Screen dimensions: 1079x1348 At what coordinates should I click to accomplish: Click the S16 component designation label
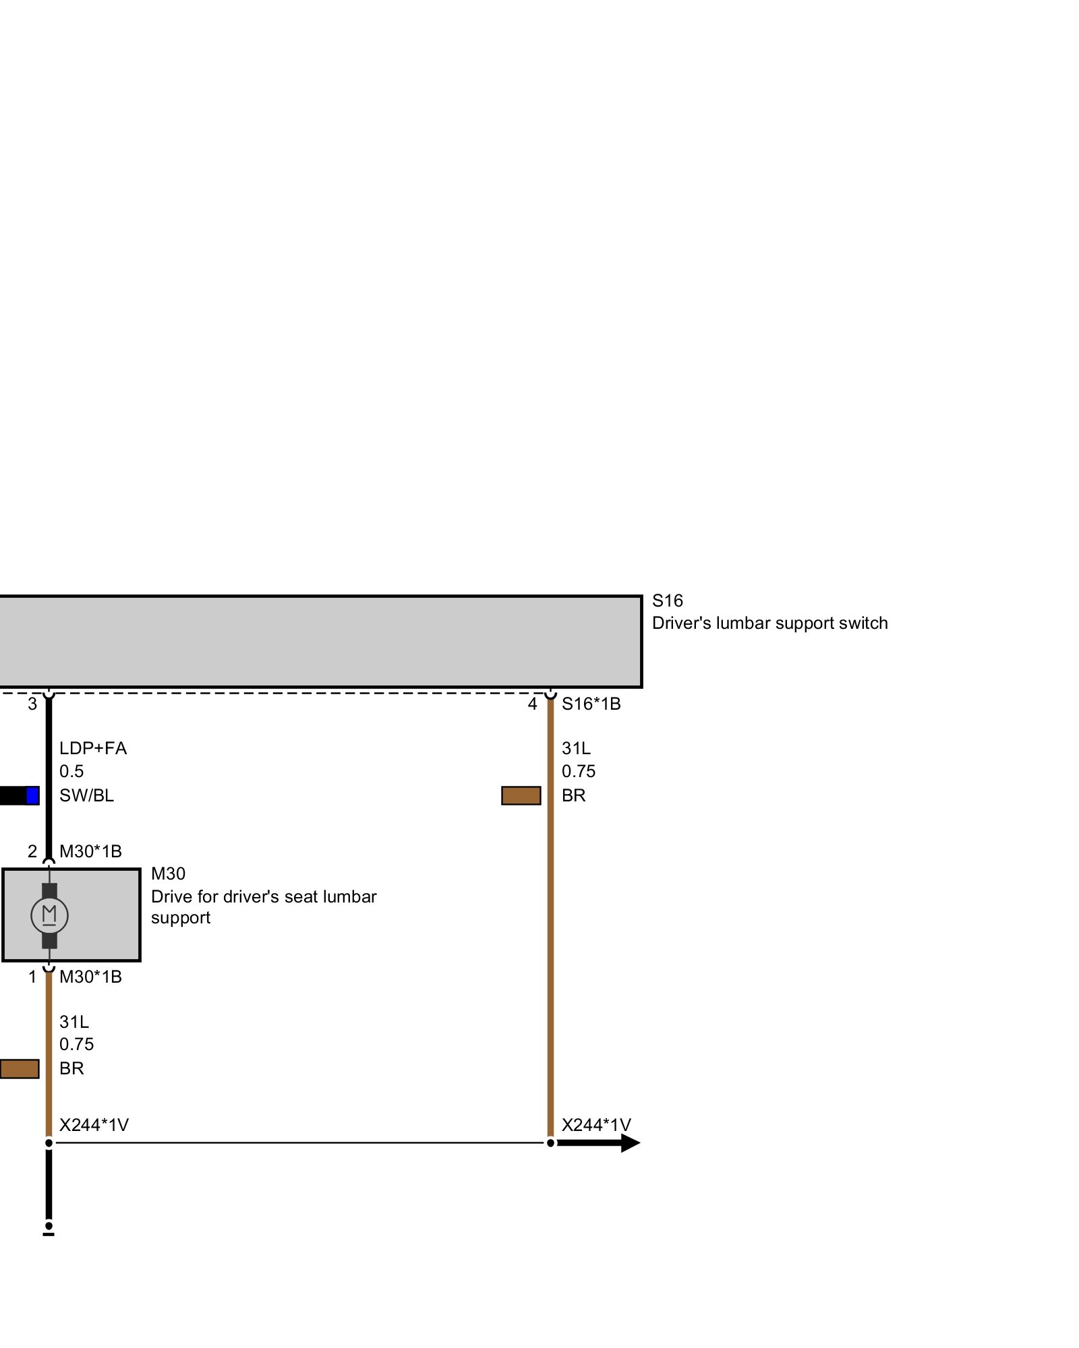(667, 601)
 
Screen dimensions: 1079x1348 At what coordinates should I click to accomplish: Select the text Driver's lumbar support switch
(769, 623)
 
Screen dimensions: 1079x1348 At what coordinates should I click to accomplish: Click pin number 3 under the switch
(32, 704)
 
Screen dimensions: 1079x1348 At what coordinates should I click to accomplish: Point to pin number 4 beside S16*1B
(533, 704)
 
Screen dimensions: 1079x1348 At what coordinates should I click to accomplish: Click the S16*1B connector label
(591, 704)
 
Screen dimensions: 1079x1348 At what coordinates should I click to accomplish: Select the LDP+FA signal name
(93, 749)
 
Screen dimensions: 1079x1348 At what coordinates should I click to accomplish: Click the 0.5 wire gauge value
(71, 772)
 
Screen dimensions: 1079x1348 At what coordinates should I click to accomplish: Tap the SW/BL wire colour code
(86, 796)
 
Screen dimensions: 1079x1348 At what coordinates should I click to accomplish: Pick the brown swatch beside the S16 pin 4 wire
(521, 796)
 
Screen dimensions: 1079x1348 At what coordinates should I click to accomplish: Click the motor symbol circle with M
(49, 915)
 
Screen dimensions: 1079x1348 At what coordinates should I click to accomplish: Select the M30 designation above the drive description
(168, 874)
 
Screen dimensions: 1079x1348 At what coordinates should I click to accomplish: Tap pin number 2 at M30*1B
(32, 852)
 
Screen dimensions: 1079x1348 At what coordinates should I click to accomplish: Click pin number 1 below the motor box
(32, 977)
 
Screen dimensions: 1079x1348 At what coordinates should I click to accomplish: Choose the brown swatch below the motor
(19, 1069)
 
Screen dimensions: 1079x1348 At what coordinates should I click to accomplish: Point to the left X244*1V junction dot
(49, 1143)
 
